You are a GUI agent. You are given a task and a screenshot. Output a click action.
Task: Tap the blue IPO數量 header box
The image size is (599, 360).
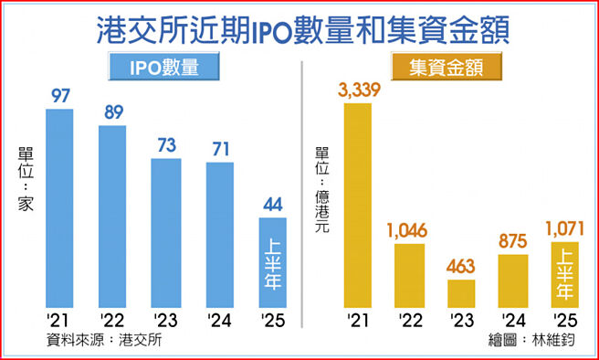tap(164, 69)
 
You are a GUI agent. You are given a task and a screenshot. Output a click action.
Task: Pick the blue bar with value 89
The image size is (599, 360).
tap(112, 216)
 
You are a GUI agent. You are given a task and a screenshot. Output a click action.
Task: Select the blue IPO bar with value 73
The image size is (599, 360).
tap(165, 232)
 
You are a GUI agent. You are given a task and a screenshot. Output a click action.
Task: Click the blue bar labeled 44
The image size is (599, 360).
tap(272, 261)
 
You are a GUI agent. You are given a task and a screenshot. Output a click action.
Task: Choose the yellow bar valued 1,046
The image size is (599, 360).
tap(410, 274)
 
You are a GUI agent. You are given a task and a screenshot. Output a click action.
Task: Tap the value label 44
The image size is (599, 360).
tap(272, 205)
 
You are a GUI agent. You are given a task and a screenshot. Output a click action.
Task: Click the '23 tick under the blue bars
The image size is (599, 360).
tap(165, 320)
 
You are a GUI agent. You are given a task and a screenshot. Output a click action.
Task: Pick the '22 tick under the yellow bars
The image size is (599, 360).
tap(410, 320)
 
